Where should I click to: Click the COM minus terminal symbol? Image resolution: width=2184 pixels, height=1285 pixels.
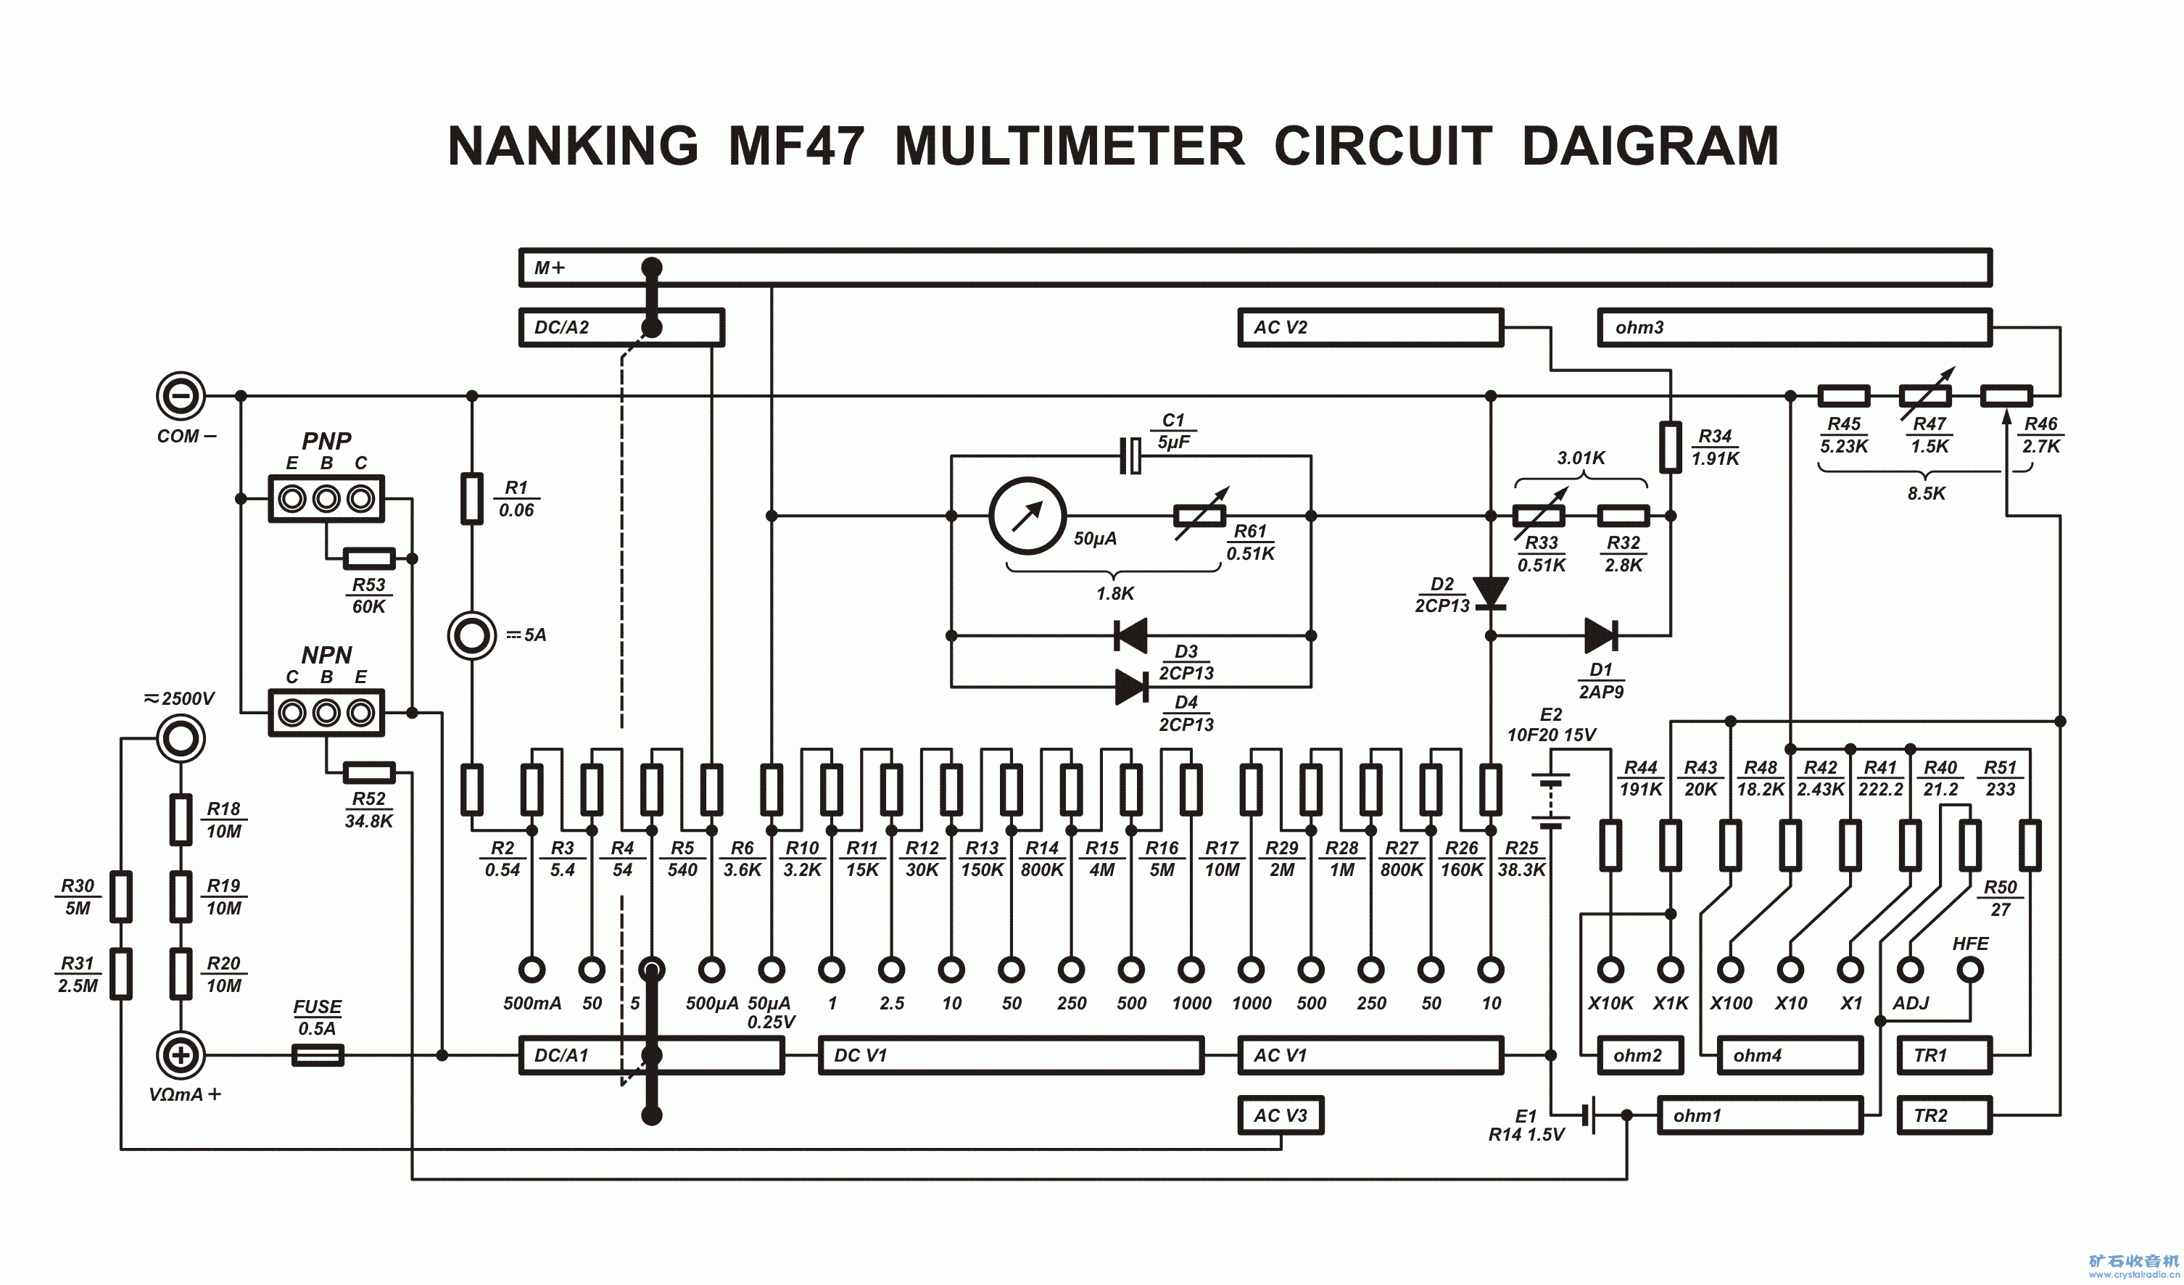pyautogui.click(x=181, y=396)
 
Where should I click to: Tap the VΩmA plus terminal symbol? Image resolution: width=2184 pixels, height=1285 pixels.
pyautogui.click(x=181, y=1054)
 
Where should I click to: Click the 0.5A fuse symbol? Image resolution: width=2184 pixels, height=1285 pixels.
pyautogui.click(x=318, y=1054)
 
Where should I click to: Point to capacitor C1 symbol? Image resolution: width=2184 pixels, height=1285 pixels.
pyautogui.click(x=1130, y=456)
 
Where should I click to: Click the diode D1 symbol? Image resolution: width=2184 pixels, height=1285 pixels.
pyautogui.click(x=1600, y=635)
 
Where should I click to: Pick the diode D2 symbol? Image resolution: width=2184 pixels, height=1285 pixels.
pyautogui.click(x=1491, y=593)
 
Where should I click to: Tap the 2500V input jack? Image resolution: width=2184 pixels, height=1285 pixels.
pyautogui.click(x=181, y=738)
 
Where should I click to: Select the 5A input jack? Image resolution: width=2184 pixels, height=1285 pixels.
pyautogui.click(x=471, y=635)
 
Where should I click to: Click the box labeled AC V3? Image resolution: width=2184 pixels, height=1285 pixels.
pyautogui.click(x=1280, y=1115)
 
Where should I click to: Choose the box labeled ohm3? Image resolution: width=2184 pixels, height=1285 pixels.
pyautogui.click(x=1794, y=328)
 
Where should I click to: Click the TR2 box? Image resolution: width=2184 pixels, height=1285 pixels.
pyautogui.click(x=1944, y=1115)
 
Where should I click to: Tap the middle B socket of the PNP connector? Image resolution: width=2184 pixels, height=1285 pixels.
pyautogui.click(x=326, y=498)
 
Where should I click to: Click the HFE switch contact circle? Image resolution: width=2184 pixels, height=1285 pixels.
pyautogui.click(x=1971, y=969)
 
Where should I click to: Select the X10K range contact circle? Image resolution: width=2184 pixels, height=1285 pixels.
pyautogui.click(x=1610, y=969)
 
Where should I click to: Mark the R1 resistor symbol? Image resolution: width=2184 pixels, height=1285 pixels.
pyautogui.click(x=471, y=498)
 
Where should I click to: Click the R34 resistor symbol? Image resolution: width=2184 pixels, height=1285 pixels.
pyautogui.click(x=1670, y=447)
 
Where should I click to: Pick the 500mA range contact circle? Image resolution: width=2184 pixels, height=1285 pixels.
pyautogui.click(x=531, y=969)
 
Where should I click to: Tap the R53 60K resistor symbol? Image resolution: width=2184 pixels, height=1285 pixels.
pyautogui.click(x=369, y=558)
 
